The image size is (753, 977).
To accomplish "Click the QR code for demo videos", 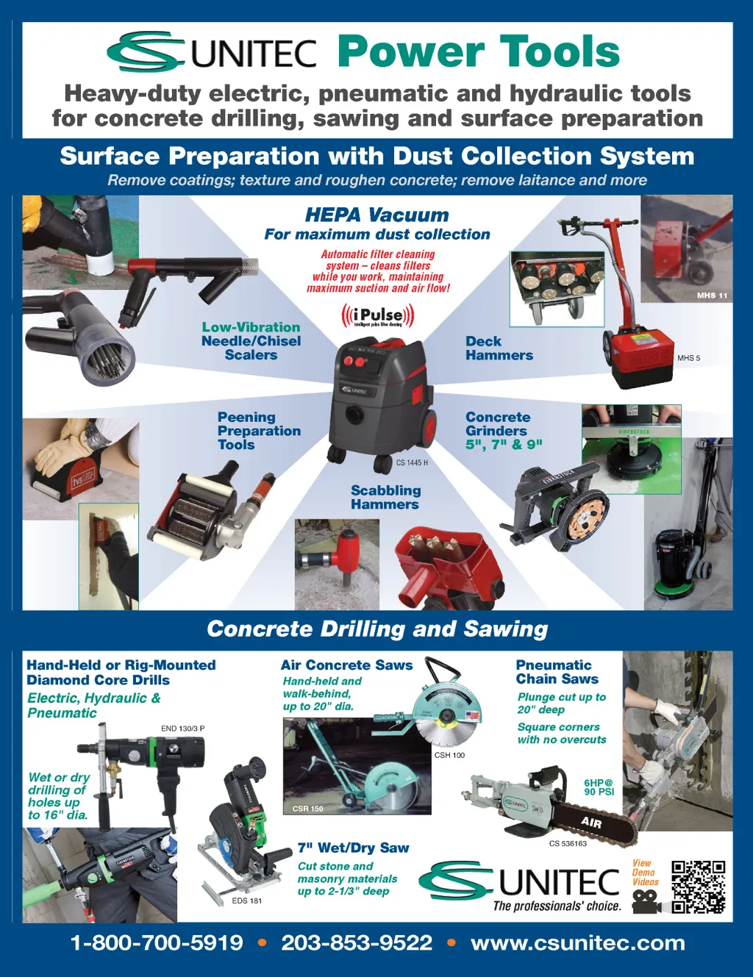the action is tap(698, 887).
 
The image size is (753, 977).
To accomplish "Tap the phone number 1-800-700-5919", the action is tap(157, 943).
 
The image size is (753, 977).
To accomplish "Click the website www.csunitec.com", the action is tap(578, 943).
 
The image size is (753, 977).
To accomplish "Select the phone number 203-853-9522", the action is tap(357, 943).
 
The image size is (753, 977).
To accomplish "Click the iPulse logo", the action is tap(378, 315).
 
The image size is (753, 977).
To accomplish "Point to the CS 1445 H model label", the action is tap(412, 462).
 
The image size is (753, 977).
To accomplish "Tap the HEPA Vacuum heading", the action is tap(376, 215).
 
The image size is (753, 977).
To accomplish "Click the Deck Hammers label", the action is tap(499, 348).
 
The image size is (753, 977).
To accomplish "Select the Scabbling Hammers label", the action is tap(385, 497).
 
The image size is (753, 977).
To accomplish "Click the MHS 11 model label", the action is tap(712, 296).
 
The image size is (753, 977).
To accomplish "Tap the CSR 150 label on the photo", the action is tap(307, 809).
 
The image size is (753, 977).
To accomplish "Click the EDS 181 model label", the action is tap(247, 901).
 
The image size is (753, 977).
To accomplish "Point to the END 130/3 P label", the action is tap(182, 729).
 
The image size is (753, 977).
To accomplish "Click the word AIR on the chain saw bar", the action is tap(590, 822).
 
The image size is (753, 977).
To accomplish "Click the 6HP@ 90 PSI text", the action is tap(599, 787).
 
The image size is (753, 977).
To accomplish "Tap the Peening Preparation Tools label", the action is tap(259, 431).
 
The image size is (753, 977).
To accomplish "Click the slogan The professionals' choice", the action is tap(557, 906).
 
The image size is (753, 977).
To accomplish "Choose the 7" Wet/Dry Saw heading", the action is tap(354, 848).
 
